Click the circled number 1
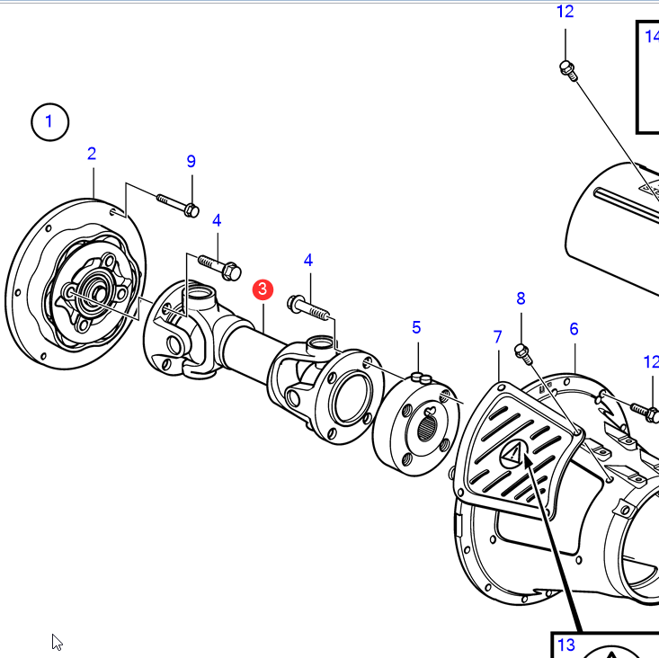click(x=49, y=121)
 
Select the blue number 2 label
click(x=92, y=154)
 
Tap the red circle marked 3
click(x=262, y=289)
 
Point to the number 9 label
click(x=191, y=162)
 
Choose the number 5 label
click(x=416, y=327)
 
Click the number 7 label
click(x=498, y=337)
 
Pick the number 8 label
click(x=521, y=298)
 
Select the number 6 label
click(x=574, y=330)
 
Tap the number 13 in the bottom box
click(x=565, y=645)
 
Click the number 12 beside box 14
click(x=565, y=12)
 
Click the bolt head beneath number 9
click(x=191, y=210)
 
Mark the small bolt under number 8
click(x=520, y=349)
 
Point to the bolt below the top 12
click(x=566, y=68)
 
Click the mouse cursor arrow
click(x=57, y=642)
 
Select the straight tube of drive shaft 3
click(x=247, y=350)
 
